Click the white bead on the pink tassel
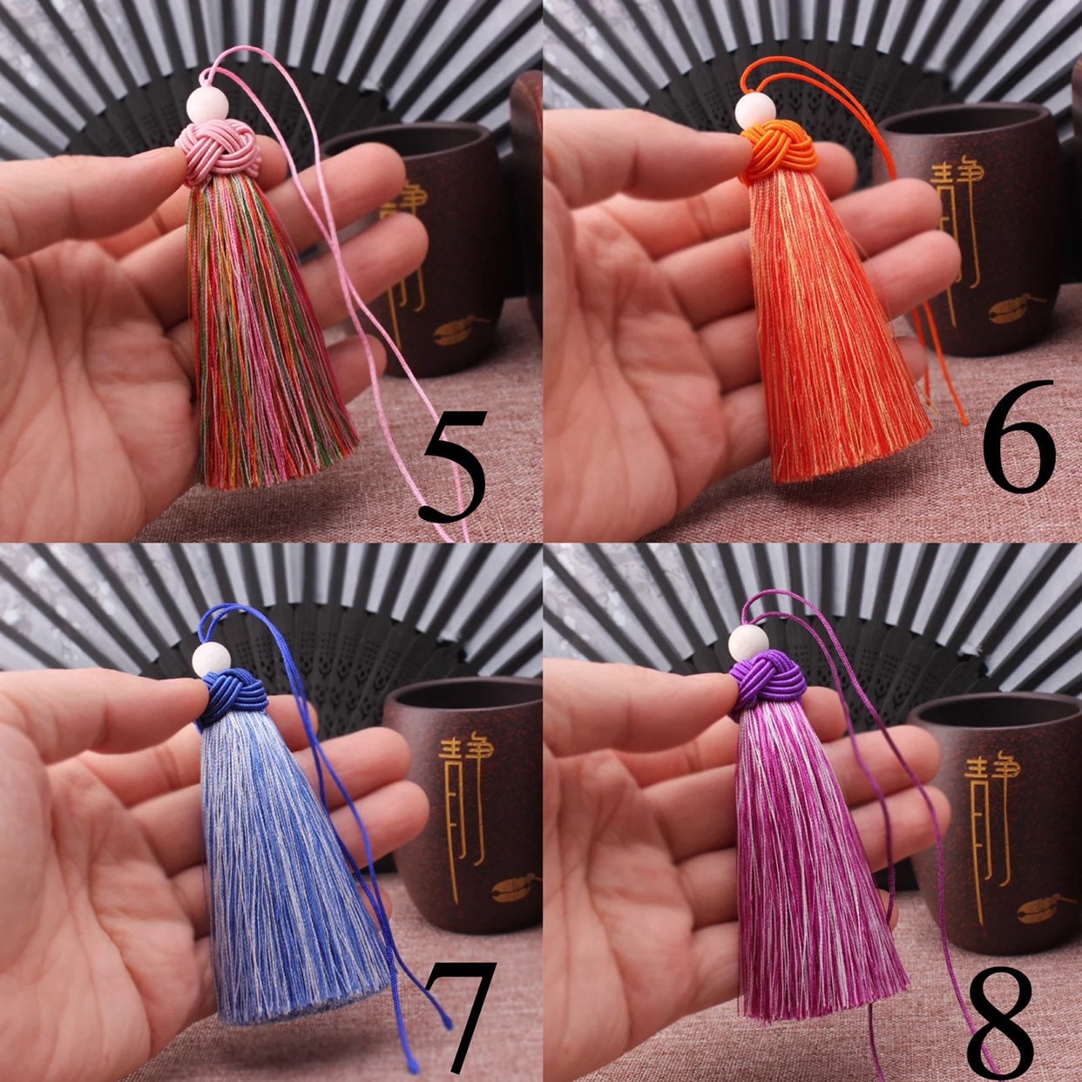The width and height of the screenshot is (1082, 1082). [x=207, y=105]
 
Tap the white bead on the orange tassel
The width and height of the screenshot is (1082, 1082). [x=754, y=111]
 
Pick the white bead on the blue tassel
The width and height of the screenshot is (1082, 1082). [x=211, y=659]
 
